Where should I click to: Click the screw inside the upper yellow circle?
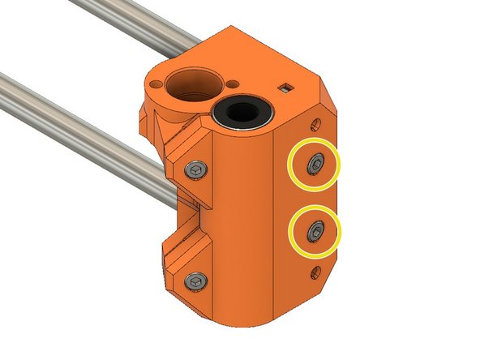315,165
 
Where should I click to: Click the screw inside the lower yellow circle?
315,234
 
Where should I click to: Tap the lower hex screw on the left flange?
194,280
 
